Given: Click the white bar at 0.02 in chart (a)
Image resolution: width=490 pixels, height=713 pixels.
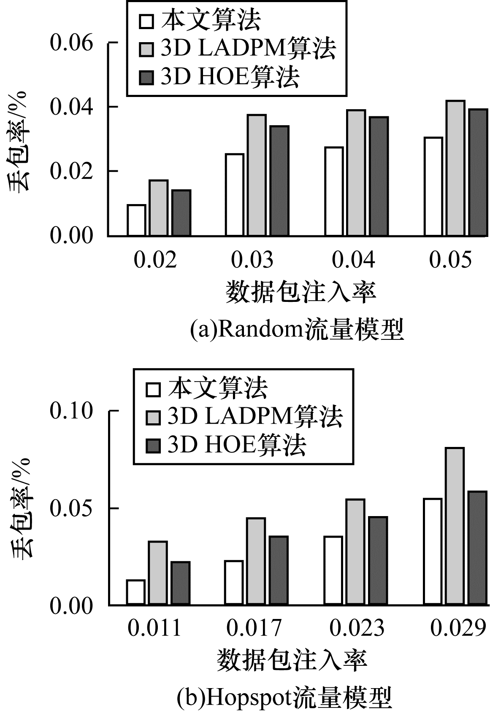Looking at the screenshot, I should point(136,220).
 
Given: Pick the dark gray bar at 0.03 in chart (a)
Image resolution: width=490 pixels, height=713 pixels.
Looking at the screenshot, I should point(279,180).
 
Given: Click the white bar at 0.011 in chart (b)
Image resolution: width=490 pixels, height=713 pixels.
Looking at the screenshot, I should point(135,592).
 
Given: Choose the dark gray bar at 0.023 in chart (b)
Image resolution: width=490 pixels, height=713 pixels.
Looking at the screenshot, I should point(378,560).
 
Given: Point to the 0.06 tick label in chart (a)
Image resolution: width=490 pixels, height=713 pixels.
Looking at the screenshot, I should point(71,43).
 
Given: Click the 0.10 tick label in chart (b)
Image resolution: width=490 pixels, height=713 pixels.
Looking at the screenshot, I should point(71,411).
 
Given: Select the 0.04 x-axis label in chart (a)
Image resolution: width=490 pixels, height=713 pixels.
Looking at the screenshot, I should point(353,260).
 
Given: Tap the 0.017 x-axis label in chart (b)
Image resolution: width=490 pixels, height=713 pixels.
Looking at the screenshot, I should point(253,628).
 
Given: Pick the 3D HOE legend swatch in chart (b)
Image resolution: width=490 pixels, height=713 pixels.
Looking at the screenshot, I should point(153,446).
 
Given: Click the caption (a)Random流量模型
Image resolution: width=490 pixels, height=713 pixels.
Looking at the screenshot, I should point(297,330).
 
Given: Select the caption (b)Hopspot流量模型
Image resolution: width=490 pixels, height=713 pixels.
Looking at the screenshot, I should point(284,698).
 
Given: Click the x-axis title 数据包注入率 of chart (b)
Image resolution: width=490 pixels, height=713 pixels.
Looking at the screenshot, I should point(292,660).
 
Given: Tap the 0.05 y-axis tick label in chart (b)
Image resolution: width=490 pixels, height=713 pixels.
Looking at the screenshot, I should point(71,509).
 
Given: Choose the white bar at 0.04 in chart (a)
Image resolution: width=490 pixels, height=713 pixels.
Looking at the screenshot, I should point(334,191).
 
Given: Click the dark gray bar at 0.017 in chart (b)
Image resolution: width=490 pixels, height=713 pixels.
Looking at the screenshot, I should point(279,570).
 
